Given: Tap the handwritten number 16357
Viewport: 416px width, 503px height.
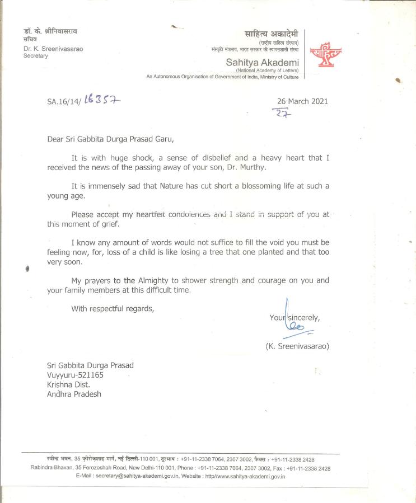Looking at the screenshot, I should coord(102,100).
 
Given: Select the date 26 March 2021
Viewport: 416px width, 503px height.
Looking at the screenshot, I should coord(303,101).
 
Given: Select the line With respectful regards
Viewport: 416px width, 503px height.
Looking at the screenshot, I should coord(112,308).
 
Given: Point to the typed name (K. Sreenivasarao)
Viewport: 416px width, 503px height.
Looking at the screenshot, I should coord(297,346).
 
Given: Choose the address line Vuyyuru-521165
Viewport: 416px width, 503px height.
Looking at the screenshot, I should coord(76,375).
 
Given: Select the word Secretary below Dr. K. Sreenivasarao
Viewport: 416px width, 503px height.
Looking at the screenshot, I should coord(36,56).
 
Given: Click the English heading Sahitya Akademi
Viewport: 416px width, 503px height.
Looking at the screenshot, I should coord(262,62).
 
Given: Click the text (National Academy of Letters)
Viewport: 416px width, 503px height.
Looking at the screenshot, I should coord(267,70).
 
